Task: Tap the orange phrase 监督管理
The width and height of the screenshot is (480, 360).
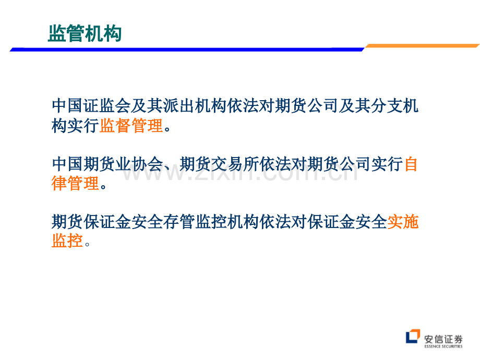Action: [x=131, y=126]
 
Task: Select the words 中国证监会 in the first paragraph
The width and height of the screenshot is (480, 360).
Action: [x=91, y=105]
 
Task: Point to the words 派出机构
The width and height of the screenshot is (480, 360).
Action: [x=195, y=105]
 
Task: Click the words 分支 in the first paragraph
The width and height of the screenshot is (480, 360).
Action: [x=387, y=105]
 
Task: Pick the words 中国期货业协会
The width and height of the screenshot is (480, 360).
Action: [x=107, y=164]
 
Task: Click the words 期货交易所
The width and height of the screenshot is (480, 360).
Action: [x=219, y=164]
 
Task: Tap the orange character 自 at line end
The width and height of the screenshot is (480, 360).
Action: [x=411, y=164]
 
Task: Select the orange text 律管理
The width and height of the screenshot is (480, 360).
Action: [x=75, y=183]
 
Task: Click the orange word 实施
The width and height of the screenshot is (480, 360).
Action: [x=403, y=222]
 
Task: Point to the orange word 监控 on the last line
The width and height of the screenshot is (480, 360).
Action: [x=67, y=241]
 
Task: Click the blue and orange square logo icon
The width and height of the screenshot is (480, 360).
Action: [x=413, y=336]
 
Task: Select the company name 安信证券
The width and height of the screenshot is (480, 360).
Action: [x=443, y=339]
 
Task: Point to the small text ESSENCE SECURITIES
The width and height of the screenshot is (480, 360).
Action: [x=443, y=346]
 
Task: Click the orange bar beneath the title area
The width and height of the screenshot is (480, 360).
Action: [x=423, y=45]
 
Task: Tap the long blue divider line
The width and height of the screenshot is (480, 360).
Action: [x=187, y=49]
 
